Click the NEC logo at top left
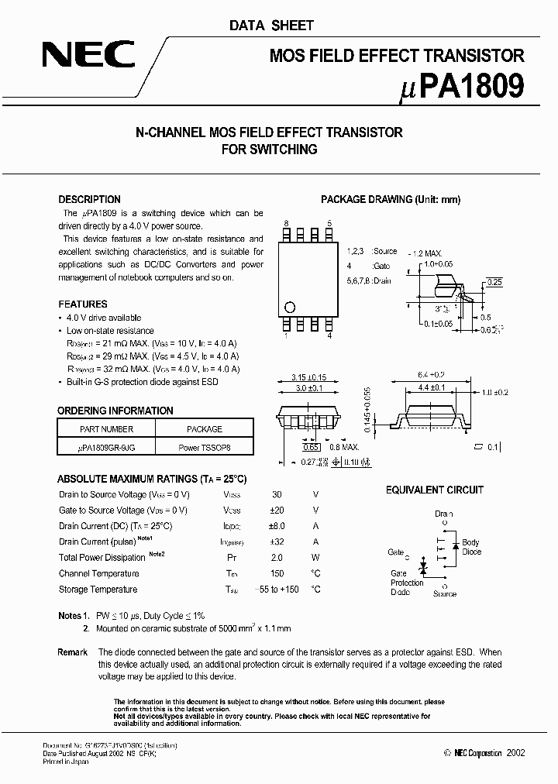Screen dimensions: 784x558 tap(88, 56)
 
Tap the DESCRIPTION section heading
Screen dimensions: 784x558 tap(90, 199)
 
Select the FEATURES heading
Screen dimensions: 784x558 tap(83, 304)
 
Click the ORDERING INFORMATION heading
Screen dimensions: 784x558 tap(115, 411)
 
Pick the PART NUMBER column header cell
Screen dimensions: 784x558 tap(107, 429)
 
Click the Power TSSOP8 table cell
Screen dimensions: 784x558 tap(205, 448)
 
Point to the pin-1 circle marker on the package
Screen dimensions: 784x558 tap(290, 306)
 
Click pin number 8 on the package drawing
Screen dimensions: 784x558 tap(286, 223)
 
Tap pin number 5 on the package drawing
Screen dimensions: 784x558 tap(329, 223)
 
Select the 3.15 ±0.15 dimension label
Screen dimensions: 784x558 tap(308, 377)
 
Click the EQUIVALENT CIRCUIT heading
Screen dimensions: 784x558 tap(435, 490)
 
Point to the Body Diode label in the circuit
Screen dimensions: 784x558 tap(471, 547)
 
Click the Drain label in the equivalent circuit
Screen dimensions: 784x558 tap(444, 514)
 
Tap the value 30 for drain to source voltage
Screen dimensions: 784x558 tap(277, 494)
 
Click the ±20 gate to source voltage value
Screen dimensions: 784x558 tap(277, 510)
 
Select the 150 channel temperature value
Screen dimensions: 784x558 tap(277, 573)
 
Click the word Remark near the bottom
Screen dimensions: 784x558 tap(73, 652)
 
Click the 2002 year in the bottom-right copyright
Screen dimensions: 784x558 tap(515, 752)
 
